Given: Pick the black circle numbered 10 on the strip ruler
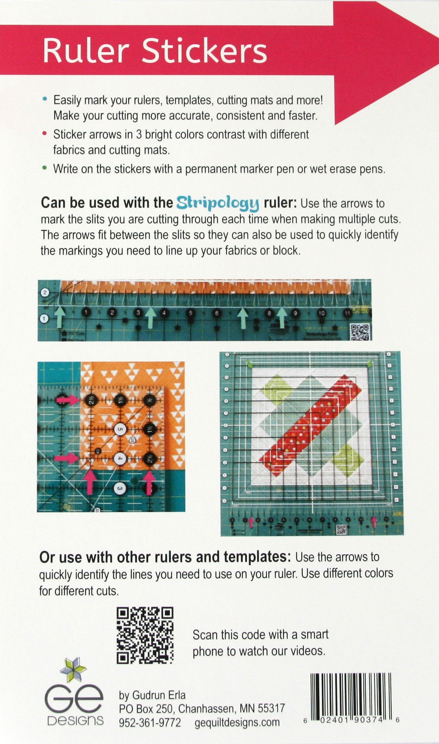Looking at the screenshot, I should tap(321, 313).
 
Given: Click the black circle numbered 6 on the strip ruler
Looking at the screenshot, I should tap(216, 313).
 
